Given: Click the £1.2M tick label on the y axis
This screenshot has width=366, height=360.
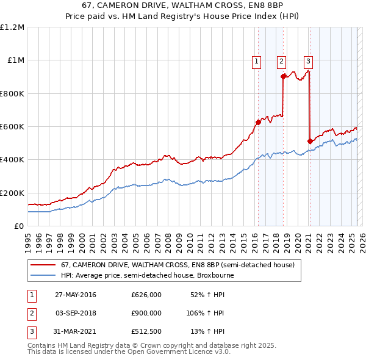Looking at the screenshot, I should [12, 27].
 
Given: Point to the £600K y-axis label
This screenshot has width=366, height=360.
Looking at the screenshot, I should [12, 127].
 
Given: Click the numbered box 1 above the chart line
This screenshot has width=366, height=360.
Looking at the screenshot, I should [256, 60].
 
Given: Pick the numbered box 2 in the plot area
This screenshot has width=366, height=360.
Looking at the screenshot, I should [281, 60].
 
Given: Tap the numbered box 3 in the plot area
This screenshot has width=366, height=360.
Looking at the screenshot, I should [308, 60].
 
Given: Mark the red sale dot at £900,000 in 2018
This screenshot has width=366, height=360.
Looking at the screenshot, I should [283, 77].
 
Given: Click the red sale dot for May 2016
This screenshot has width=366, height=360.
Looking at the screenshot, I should [258, 122].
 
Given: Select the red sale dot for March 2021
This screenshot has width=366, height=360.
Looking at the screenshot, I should [310, 141].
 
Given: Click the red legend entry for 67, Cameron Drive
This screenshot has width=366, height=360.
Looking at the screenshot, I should [178, 265].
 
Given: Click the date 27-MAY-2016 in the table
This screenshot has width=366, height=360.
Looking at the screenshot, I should [75, 295].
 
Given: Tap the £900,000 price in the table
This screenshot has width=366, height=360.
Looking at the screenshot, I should [146, 313].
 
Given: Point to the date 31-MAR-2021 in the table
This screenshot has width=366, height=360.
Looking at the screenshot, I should [75, 331].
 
